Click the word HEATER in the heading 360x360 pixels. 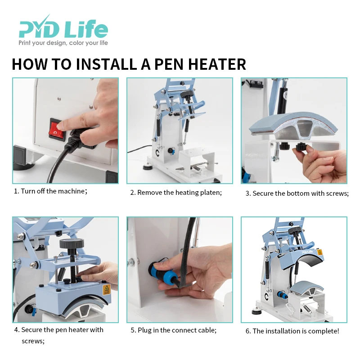(217, 64)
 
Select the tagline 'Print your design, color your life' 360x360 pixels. (63, 43)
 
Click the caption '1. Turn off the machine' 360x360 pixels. (50, 191)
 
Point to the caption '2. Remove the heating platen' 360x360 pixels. (176, 193)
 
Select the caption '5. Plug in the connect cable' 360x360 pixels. (174, 330)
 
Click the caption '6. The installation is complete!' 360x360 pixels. (292, 331)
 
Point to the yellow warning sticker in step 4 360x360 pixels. (107, 289)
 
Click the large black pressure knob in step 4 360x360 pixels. (72, 243)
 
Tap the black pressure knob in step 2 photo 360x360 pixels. (187, 94)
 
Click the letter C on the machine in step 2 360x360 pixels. (158, 153)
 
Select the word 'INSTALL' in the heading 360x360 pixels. (106, 64)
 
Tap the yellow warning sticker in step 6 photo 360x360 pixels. (319, 252)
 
